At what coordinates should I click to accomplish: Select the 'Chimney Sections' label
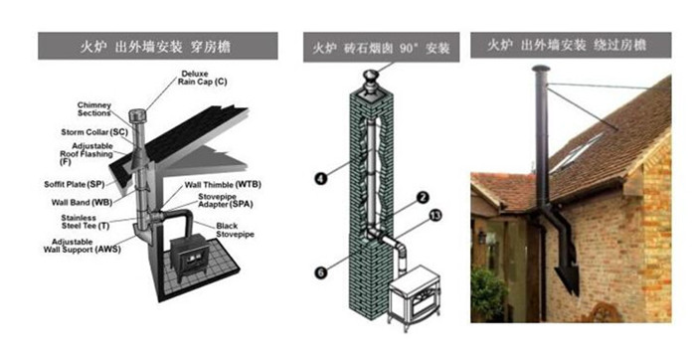pos(94,108)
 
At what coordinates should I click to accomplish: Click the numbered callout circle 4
pos(320,178)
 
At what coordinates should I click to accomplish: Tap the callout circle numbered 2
pos(422,198)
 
